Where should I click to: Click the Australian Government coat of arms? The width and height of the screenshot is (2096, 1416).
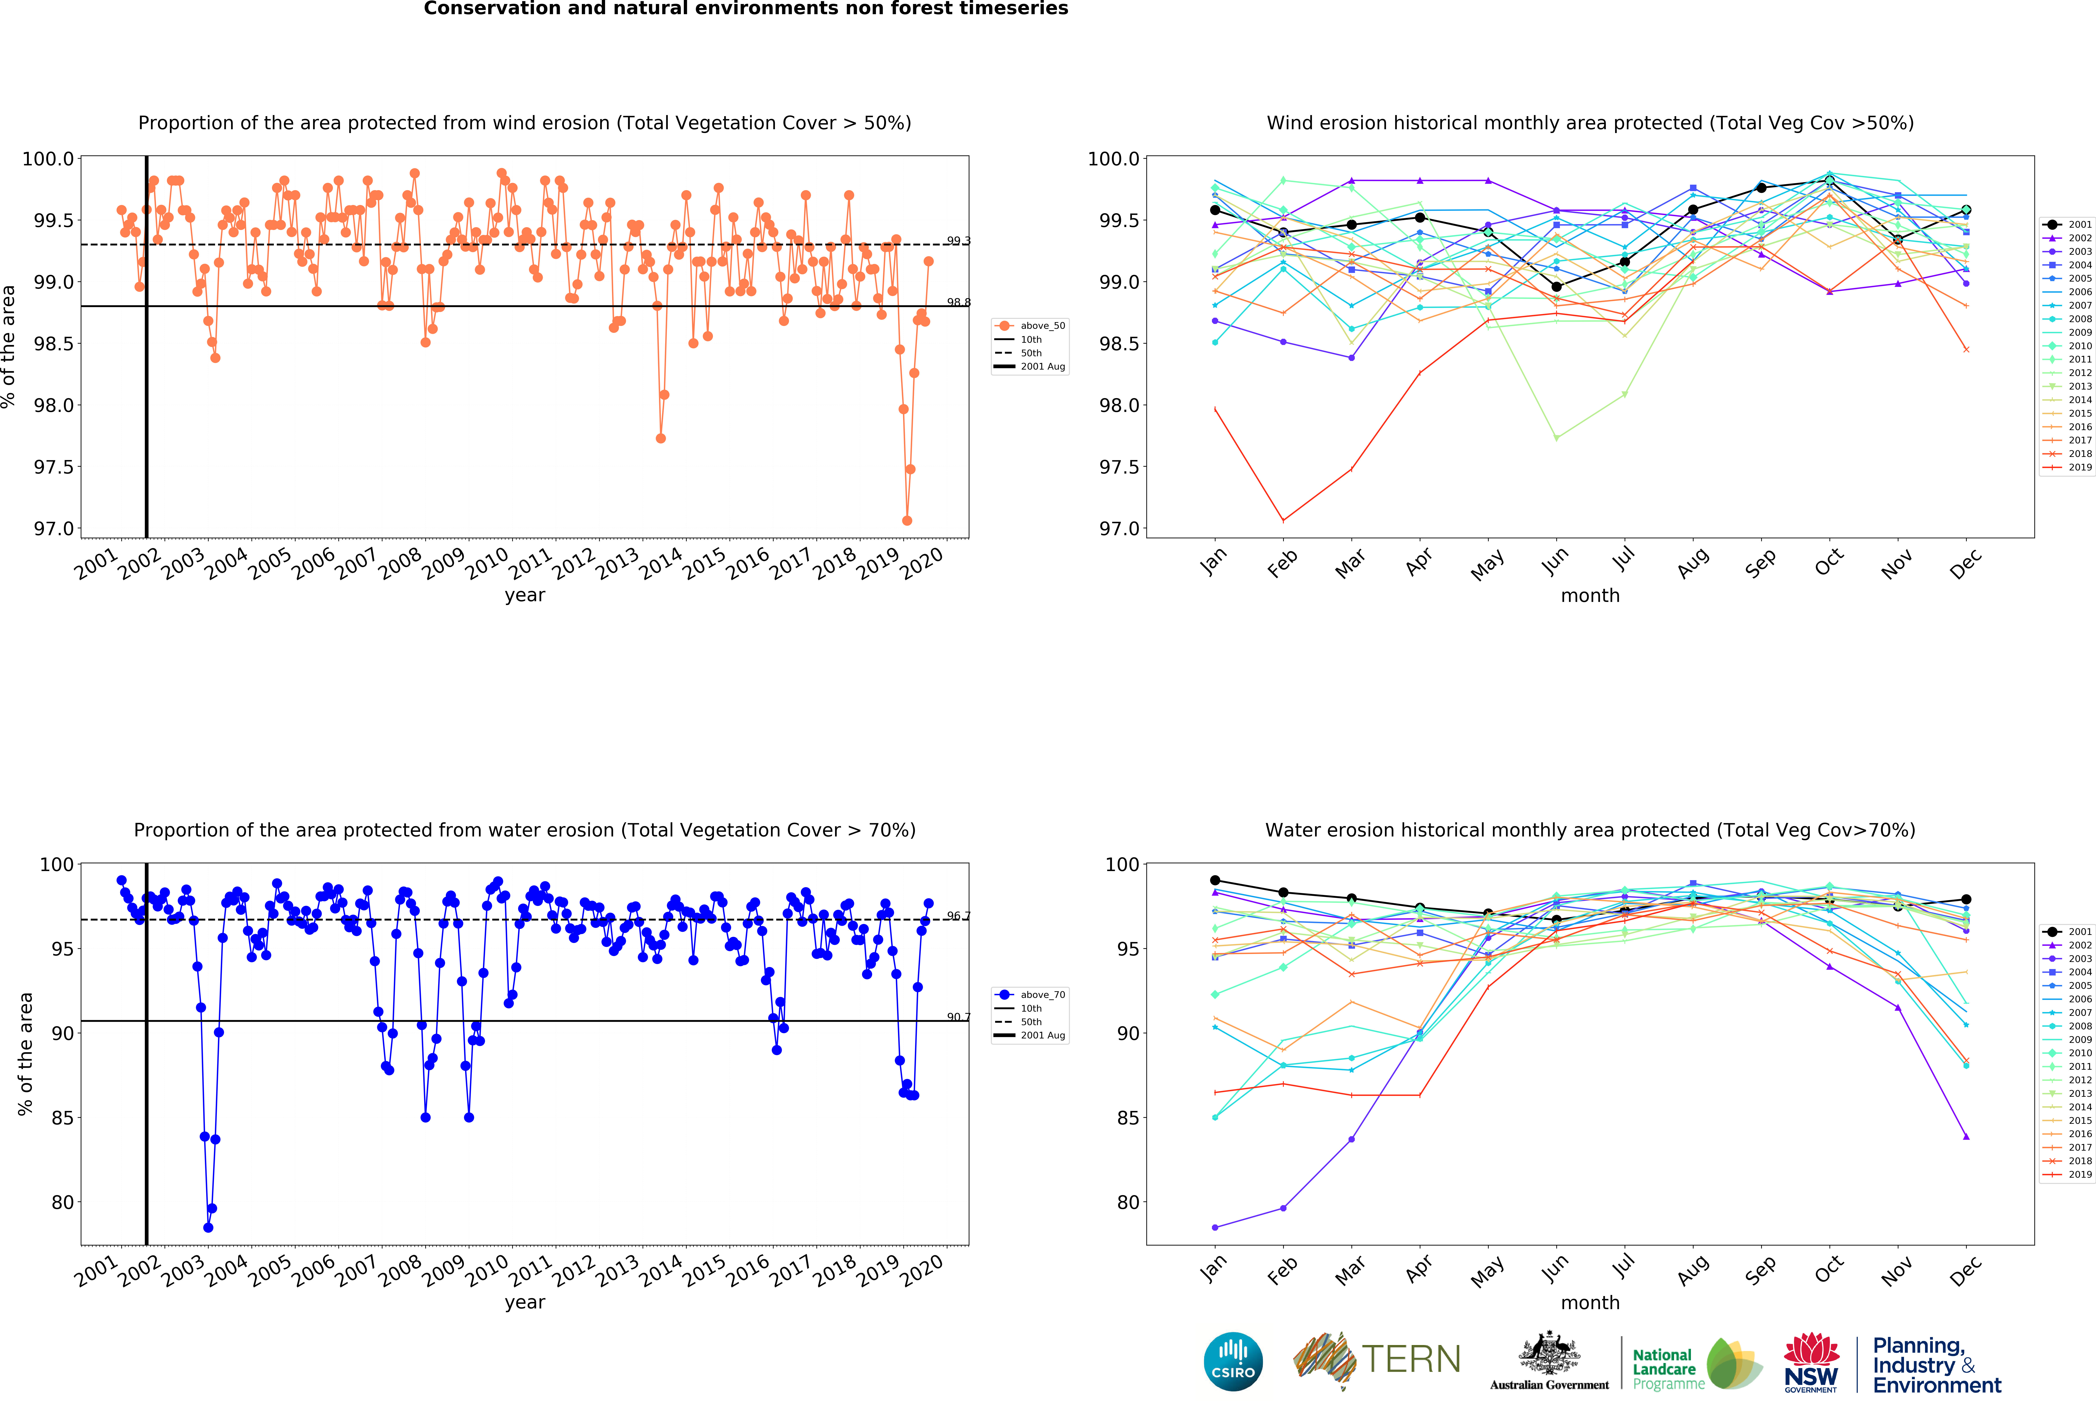pyautogui.click(x=1549, y=1353)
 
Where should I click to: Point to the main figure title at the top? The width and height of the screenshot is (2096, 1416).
pyautogui.click(x=746, y=9)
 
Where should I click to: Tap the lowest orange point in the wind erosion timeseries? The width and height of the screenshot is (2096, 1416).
pyautogui.click(x=906, y=520)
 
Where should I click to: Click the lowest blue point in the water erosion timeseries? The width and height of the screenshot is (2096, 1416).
pyautogui.click(x=208, y=1228)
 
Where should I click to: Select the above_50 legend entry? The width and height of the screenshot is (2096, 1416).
pyautogui.click(x=1042, y=326)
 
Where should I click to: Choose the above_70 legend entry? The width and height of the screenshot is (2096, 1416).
pyautogui.click(x=1042, y=995)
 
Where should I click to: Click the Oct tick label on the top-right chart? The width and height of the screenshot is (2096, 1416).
pyautogui.click(x=1828, y=563)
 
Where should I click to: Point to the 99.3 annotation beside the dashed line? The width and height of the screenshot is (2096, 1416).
pyautogui.click(x=958, y=241)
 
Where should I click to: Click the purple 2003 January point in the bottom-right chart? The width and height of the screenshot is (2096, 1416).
pyautogui.click(x=1215, y=1228)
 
